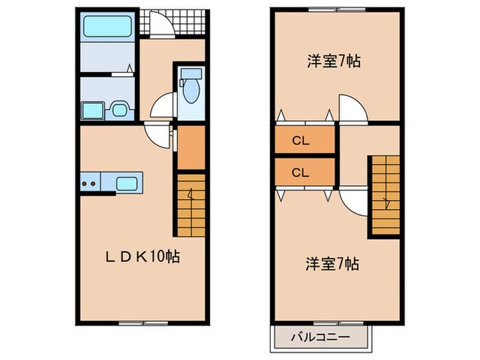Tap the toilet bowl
coord(191,89)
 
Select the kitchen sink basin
coord(128,183)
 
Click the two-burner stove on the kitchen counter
coord(88,183)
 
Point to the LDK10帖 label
coord(143,258)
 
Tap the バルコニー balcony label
coord(322,337)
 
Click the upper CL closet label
coord(300,142)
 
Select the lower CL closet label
coord(300,173)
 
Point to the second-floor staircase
coord(385,195)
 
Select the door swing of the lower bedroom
coord(351,201)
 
